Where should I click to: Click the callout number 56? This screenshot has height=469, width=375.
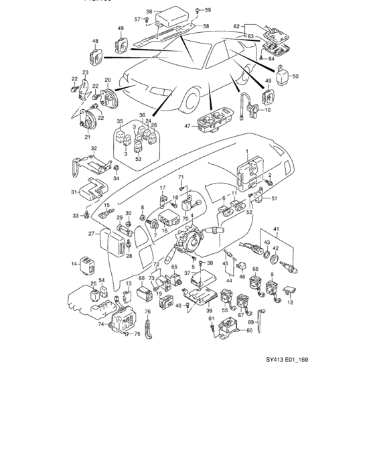(149, 11)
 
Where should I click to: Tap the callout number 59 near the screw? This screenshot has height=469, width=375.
(207, 10)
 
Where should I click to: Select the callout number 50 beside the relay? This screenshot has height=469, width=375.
(295, 77)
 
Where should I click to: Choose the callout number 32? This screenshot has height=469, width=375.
(94, 148)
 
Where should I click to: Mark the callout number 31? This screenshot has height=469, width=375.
(74, 193)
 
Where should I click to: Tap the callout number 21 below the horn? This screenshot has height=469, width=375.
(87, 137)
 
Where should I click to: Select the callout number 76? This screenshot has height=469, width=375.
(149, 312)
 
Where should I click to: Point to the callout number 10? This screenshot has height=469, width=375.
(268, 110)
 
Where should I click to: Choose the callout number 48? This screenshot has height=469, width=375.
(95, 42)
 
